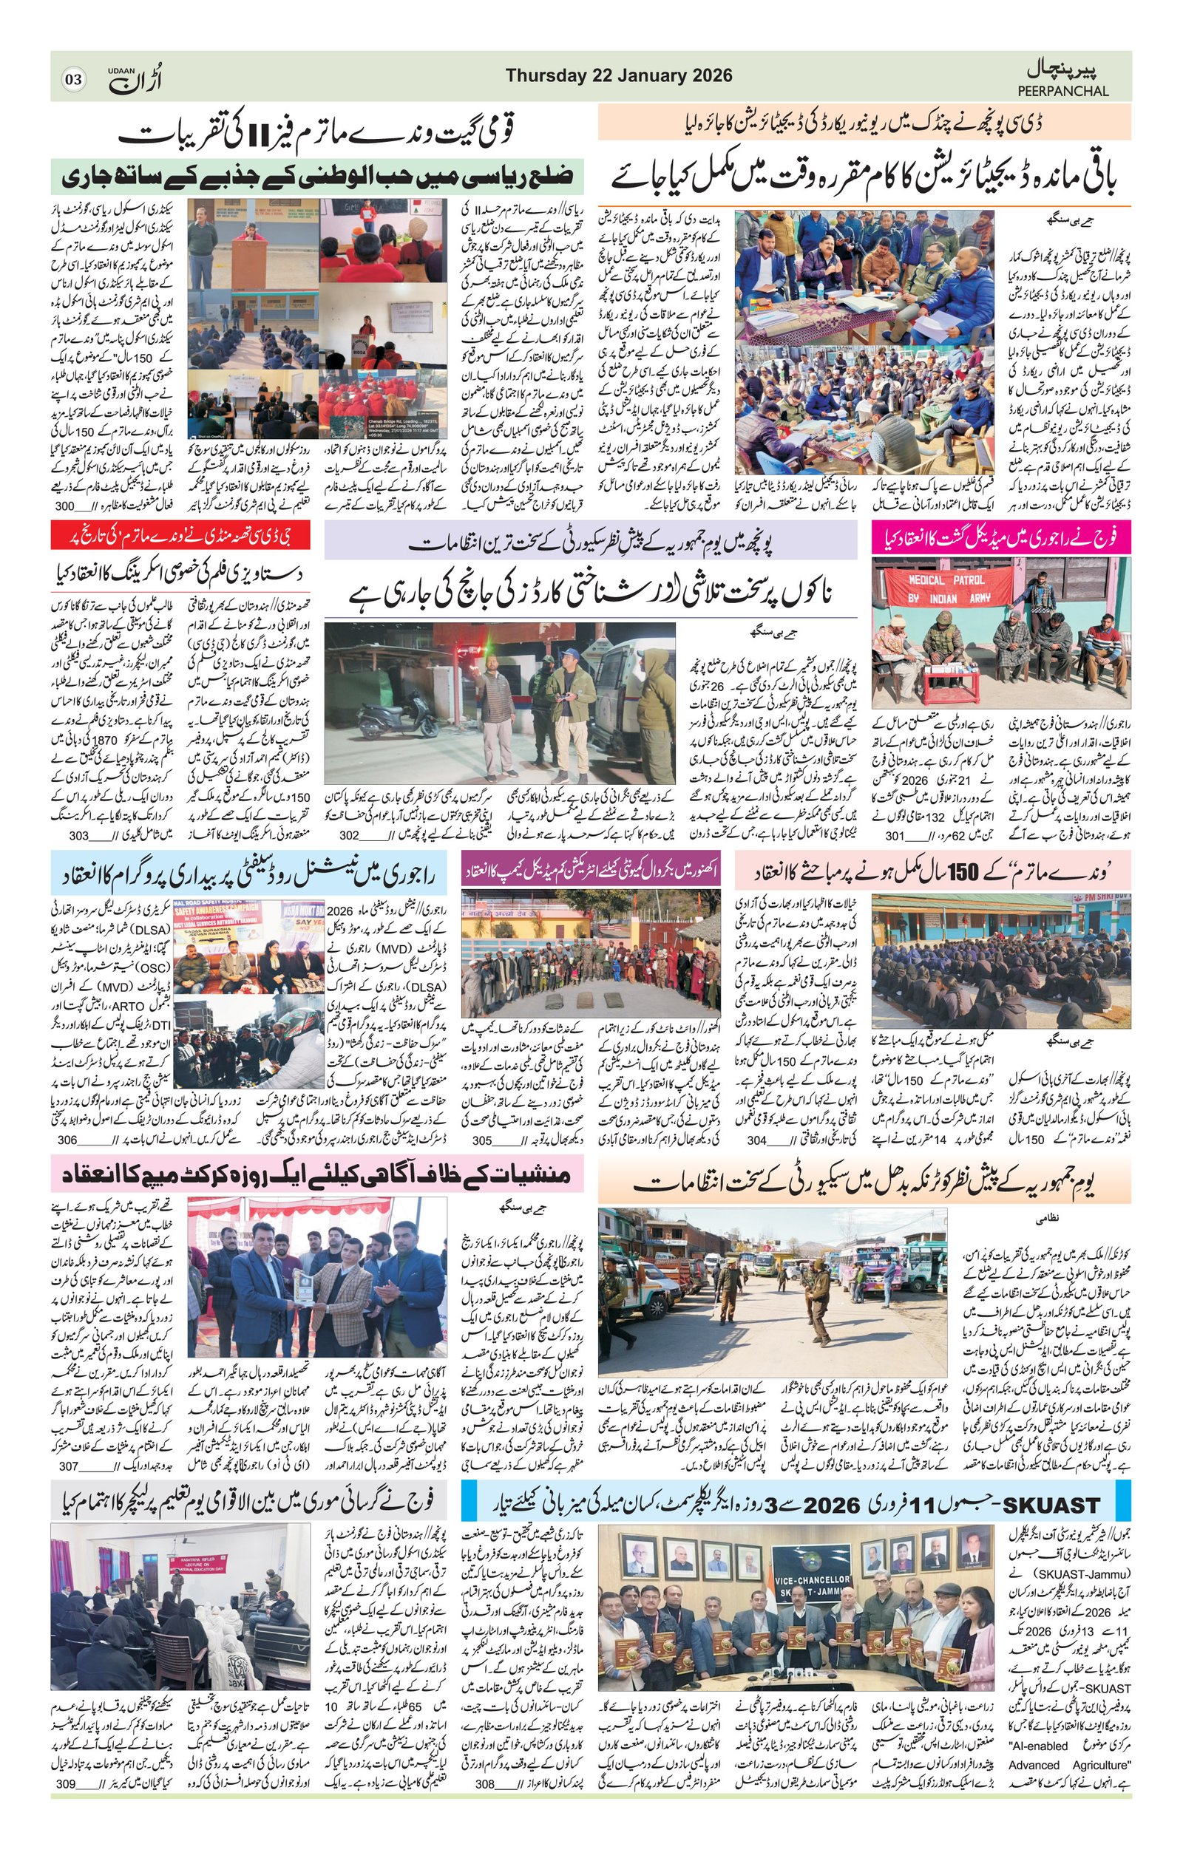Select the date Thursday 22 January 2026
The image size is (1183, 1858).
pos(619,75)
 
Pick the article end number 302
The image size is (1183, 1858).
pos(350,835)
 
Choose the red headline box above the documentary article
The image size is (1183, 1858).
pos(180,535)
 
